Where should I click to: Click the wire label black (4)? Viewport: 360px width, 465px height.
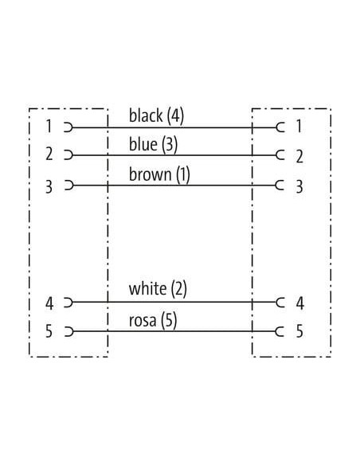pos(156,115)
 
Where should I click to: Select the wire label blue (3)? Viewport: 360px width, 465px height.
pos(153,144)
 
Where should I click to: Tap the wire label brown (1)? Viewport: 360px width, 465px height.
pos(159,174)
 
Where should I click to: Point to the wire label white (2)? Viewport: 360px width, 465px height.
pos(158,289)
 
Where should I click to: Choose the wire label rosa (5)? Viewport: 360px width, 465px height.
pos(153,321)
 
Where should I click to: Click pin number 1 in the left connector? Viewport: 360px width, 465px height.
pos(49,126)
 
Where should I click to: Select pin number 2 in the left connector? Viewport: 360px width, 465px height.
pos(49,154)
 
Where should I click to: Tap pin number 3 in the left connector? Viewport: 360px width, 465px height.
pos(49,187)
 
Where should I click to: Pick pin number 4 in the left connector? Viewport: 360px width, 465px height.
pos(49,303)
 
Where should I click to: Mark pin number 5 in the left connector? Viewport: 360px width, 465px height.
pos(49,331)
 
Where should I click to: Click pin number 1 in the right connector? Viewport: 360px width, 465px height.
pos(299,126)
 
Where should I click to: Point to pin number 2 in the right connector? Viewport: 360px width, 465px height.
pos(299,156)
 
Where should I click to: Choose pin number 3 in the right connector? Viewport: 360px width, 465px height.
pos(299,186)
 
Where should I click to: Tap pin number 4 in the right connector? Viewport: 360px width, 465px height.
pos(300,303)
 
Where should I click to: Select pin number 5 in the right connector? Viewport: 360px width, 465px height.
pos(299,331)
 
